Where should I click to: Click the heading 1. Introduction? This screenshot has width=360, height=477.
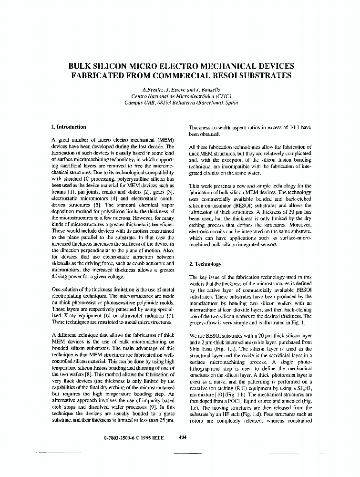69,127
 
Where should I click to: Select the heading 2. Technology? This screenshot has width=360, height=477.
206,264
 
